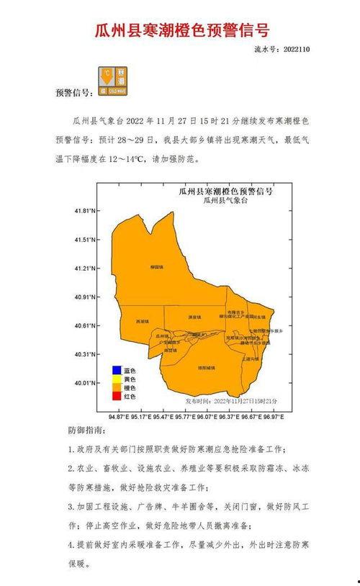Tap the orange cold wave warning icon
click(113, 81)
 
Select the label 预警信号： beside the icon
click(73, 93)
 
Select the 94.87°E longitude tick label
click(118, 417)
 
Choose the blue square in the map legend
click(115, 371)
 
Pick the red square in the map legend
click(115, 396)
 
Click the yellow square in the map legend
click(115, 379)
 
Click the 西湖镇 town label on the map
click(143, 321)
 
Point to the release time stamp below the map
click(231, 400)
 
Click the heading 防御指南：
click(86, 430)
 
